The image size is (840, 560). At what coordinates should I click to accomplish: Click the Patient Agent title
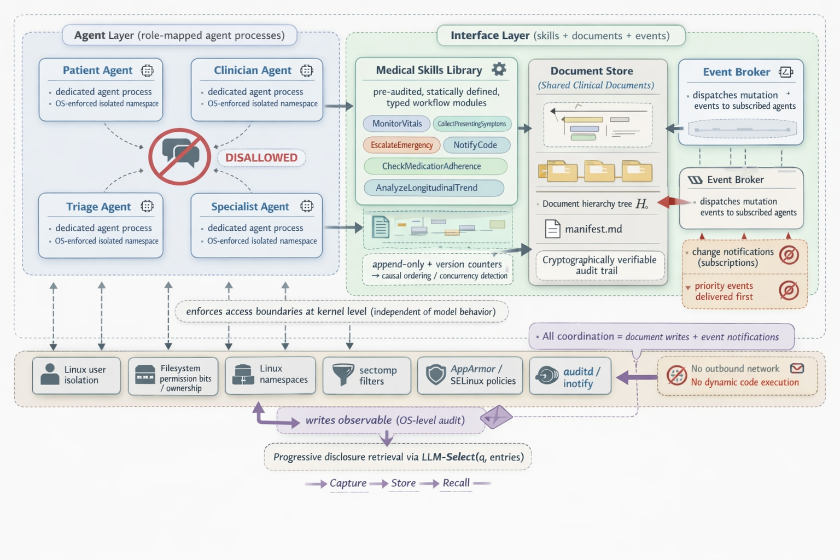(x=97, y=70)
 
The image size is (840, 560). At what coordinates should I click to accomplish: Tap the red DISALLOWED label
(x=261, y=157)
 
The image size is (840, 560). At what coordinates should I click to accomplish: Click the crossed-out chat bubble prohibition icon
(x=179, y=156)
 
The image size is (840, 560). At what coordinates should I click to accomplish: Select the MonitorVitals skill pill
(x=396, y=124)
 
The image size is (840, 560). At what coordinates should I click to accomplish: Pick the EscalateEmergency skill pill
(x=401, y=145)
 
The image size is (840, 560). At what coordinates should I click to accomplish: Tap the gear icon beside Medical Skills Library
(x=499, y=69)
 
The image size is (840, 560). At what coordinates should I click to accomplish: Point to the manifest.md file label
(x=593, y=229)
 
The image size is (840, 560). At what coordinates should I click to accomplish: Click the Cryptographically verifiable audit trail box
(x=600, y=265)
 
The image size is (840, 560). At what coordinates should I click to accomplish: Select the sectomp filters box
(x=367, y=376)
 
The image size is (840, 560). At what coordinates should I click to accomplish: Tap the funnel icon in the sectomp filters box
(x=343, y=375)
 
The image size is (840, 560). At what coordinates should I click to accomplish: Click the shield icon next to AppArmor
(x=436, y=375)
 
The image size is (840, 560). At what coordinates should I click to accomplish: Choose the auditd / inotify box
(x=570, y=376)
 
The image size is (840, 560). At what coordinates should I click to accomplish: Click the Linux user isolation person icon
(x=50, y=374)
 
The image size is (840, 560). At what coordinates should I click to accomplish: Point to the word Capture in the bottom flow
(x=348, y=483)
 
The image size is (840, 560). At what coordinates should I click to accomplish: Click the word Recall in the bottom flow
(x=456, y=483)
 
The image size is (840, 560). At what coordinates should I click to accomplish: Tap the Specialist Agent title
(x=250, y=207)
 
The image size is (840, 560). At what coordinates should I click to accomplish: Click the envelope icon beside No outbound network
(x=797, y=369)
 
